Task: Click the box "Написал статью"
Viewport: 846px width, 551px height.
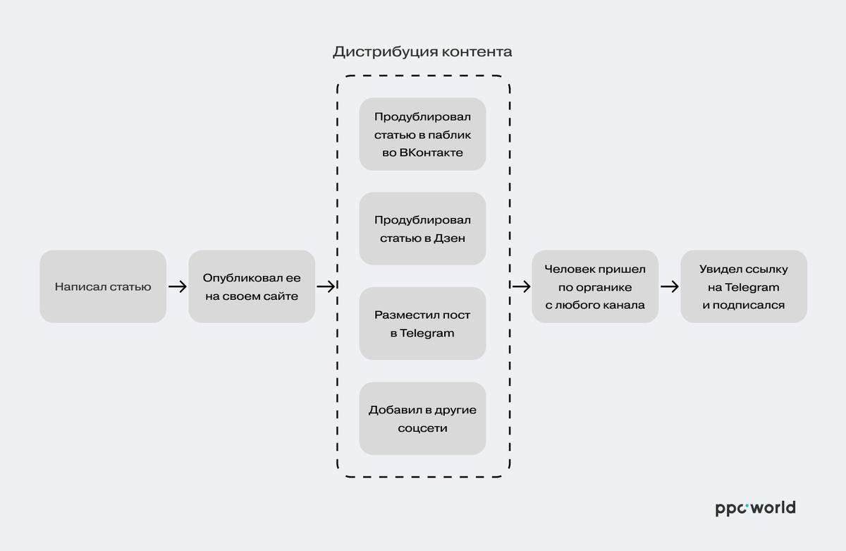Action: point(103,286)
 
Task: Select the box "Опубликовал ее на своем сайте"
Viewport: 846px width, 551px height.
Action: point(252,286)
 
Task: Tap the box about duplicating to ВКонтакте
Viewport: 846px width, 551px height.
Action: point(422,134)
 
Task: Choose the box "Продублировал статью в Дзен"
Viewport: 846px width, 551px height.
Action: point(422,229)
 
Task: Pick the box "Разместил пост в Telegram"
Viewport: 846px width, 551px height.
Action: point(422,323)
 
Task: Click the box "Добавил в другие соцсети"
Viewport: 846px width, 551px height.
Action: point(422,418)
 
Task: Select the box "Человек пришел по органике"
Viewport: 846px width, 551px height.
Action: point(595,286)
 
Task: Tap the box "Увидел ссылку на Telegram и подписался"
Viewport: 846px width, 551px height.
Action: point(744,286)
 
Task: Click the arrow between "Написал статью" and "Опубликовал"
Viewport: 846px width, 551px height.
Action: point(178,286)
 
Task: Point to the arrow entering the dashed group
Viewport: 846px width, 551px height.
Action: point(326,286)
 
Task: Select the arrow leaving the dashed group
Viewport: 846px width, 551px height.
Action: point(521,286)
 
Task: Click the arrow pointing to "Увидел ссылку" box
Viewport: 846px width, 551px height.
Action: point(670,286)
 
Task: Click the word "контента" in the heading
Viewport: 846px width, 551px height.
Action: point(477,52)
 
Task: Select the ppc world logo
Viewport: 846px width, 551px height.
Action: point(755,508)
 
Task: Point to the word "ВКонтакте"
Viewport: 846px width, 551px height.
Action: point(431,152)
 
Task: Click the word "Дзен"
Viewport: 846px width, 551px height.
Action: point(449,238)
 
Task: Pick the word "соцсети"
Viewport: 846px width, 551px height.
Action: point(422,428)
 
